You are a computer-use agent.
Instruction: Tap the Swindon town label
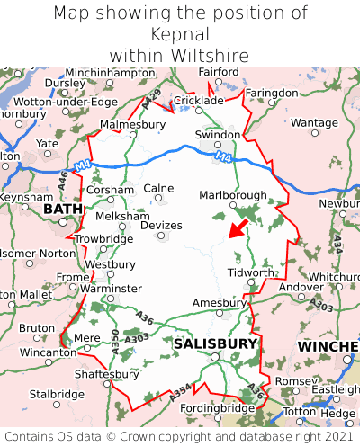pos(218,135)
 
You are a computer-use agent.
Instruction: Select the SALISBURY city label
pos(215,343)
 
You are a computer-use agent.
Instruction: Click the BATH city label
pos(62,210)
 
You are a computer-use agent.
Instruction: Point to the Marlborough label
pos(232,195)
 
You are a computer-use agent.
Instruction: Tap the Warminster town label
pos(112,289)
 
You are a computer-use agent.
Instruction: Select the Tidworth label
pos(250,272)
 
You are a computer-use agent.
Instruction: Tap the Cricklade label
pos(197,101)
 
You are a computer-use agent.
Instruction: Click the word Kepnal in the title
pos(180,34)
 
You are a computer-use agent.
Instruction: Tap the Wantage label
pos(314,122)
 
